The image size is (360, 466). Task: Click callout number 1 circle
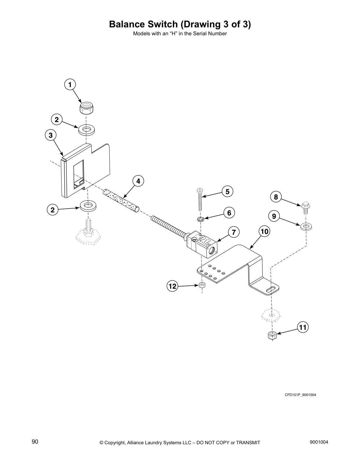click(x=70, y=85)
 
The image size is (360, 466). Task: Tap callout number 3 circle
click(x=51, y=135)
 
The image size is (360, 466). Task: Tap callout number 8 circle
click(x=276, y=197)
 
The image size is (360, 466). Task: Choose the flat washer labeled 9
click(x=306, y=226)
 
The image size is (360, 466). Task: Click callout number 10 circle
click(x=264, y=232)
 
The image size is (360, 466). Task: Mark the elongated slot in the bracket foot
click(x=273, y=289)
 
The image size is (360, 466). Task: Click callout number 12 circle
click(x=173, y=286)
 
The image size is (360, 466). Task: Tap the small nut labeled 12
click(x=202, y=285)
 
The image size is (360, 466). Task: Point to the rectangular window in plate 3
click(x=78, y=174)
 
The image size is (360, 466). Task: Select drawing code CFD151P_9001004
click(x=300, y=395)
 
